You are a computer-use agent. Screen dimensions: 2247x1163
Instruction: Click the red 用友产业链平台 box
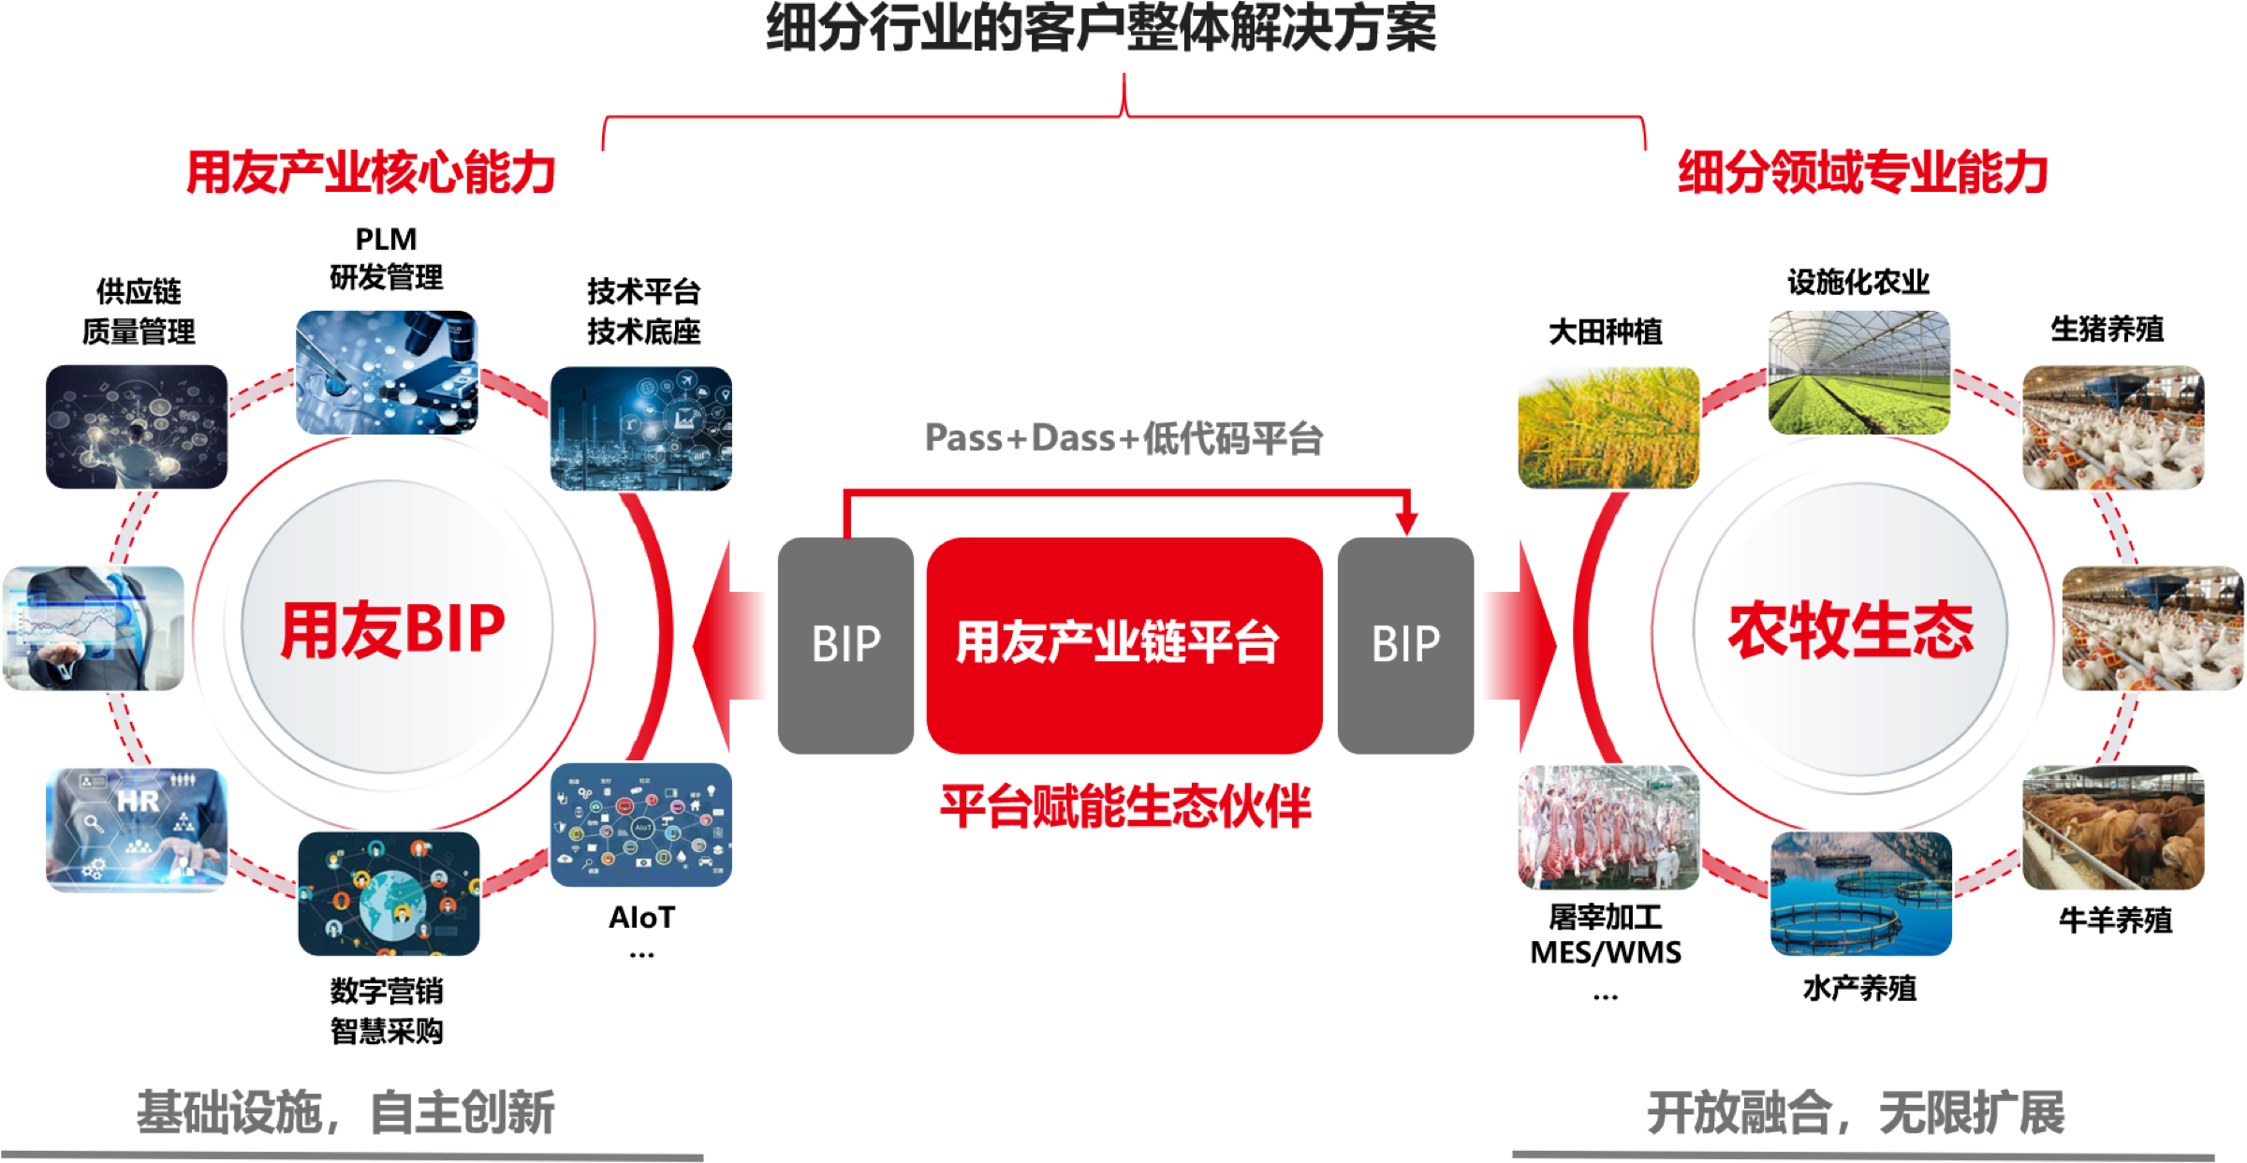point(1124,645)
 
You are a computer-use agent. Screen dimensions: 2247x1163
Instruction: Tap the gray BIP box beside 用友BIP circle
point(845,645)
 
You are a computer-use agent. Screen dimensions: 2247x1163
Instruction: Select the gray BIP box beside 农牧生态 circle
point(1405,645)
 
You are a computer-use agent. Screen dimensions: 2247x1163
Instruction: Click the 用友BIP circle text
point(393,628)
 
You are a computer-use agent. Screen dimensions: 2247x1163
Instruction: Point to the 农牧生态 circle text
point(1851,629)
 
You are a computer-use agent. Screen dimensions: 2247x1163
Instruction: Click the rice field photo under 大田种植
point(1608,428)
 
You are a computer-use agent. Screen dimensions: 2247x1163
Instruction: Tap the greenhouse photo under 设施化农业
point(1859,373)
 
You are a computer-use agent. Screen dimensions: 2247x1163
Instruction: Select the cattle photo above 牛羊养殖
point(2114,828)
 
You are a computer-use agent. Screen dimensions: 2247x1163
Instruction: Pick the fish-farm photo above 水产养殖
point(1861,893)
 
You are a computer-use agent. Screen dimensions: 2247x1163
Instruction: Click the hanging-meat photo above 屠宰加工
point(1608,828)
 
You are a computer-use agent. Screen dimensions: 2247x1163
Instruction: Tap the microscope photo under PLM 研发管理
point(387,373)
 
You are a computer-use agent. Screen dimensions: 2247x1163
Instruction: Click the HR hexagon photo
point(137,830)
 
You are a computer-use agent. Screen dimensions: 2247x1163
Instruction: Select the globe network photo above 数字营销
point(389,893)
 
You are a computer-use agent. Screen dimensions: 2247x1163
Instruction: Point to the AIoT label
point(642,918)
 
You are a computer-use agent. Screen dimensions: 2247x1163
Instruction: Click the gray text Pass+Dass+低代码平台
point(1123,438)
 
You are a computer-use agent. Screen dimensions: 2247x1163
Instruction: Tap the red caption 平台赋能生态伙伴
point(1125,806)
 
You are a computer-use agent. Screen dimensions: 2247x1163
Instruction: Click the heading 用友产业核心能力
point(372,172)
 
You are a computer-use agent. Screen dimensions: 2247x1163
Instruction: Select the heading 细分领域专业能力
point(1863,172)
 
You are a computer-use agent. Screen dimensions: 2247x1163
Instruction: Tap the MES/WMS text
point(1606,953)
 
